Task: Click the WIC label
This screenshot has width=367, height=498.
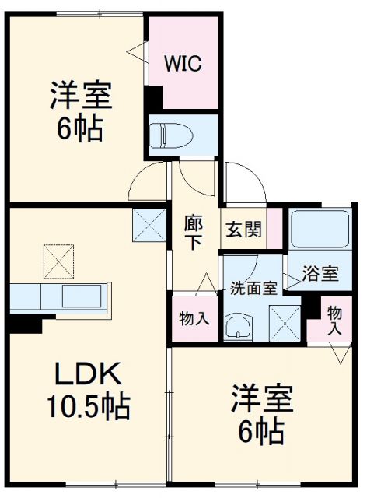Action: point(183,63)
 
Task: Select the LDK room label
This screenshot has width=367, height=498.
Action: point(88,373)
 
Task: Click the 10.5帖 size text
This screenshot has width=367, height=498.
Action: point(89,406)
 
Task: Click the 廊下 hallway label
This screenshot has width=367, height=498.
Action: point(193,232)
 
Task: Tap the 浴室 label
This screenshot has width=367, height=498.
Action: point(320,273)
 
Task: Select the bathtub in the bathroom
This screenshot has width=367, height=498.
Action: point(320,229)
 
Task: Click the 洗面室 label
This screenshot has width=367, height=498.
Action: point(253,288)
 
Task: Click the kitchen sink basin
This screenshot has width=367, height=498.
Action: point(82,296)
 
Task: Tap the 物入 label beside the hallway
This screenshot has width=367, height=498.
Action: point(194,318)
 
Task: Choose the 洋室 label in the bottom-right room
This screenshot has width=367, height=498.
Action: point(262,398)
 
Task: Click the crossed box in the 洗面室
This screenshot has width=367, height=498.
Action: point(285,323)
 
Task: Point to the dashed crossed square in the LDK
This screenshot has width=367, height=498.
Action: point(58,261)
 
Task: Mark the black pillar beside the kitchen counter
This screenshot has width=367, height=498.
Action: point(25,324)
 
